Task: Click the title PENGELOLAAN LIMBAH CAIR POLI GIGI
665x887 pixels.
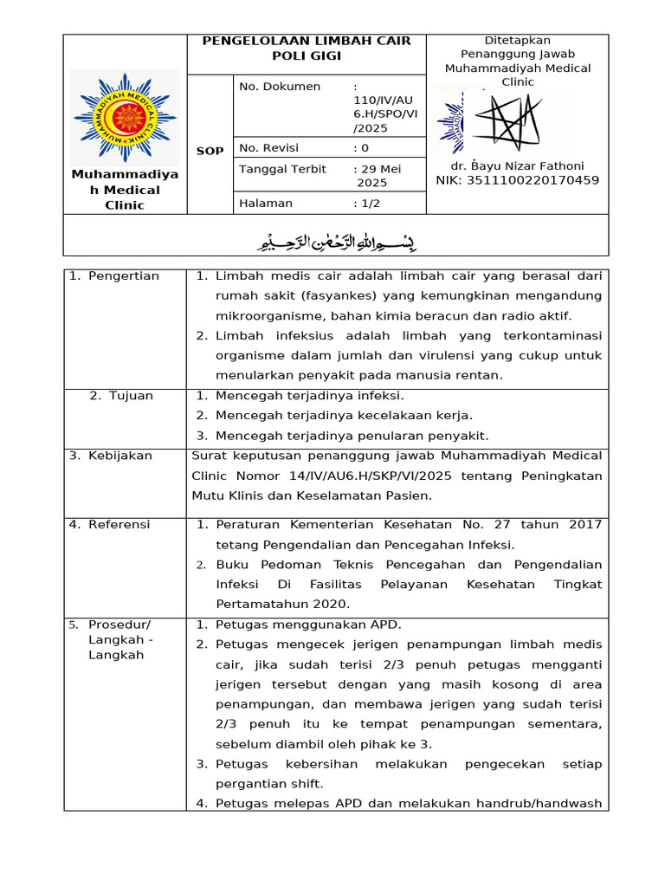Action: pos(307,49)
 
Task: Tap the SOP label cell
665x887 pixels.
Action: pos(210,151)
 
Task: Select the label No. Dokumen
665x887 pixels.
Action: pos(280,87)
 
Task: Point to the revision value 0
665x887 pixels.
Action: pos(365,147)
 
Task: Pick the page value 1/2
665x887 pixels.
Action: pos(371,204)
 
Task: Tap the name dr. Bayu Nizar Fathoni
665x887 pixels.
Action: pos(517,165)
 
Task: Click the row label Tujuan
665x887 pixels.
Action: pos(130,396)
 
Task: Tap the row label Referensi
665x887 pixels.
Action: pos(119,525)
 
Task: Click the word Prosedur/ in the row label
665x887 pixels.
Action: pos(119,625)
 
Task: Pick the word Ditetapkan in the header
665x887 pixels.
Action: pos(517,41)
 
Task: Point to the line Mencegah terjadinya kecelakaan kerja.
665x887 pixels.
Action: pos(344,416)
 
